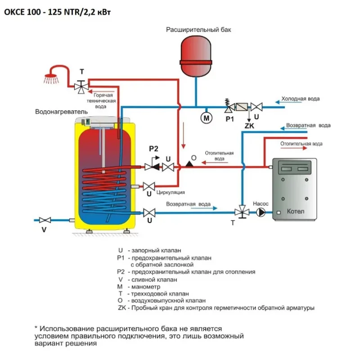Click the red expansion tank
pyautogui.click(x=196, y=57)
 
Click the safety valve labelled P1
pyautogui.click(x=229, y=107)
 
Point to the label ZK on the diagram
pyautogui.click(x=249, y=126)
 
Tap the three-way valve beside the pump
pyautogui.click(x=243, y=212)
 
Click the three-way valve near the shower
pyautogui.click(x=81, y=85)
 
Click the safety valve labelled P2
pyautogui.click(x=152, y=166)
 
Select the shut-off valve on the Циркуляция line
pyautogui.click(x=149, y=185)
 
